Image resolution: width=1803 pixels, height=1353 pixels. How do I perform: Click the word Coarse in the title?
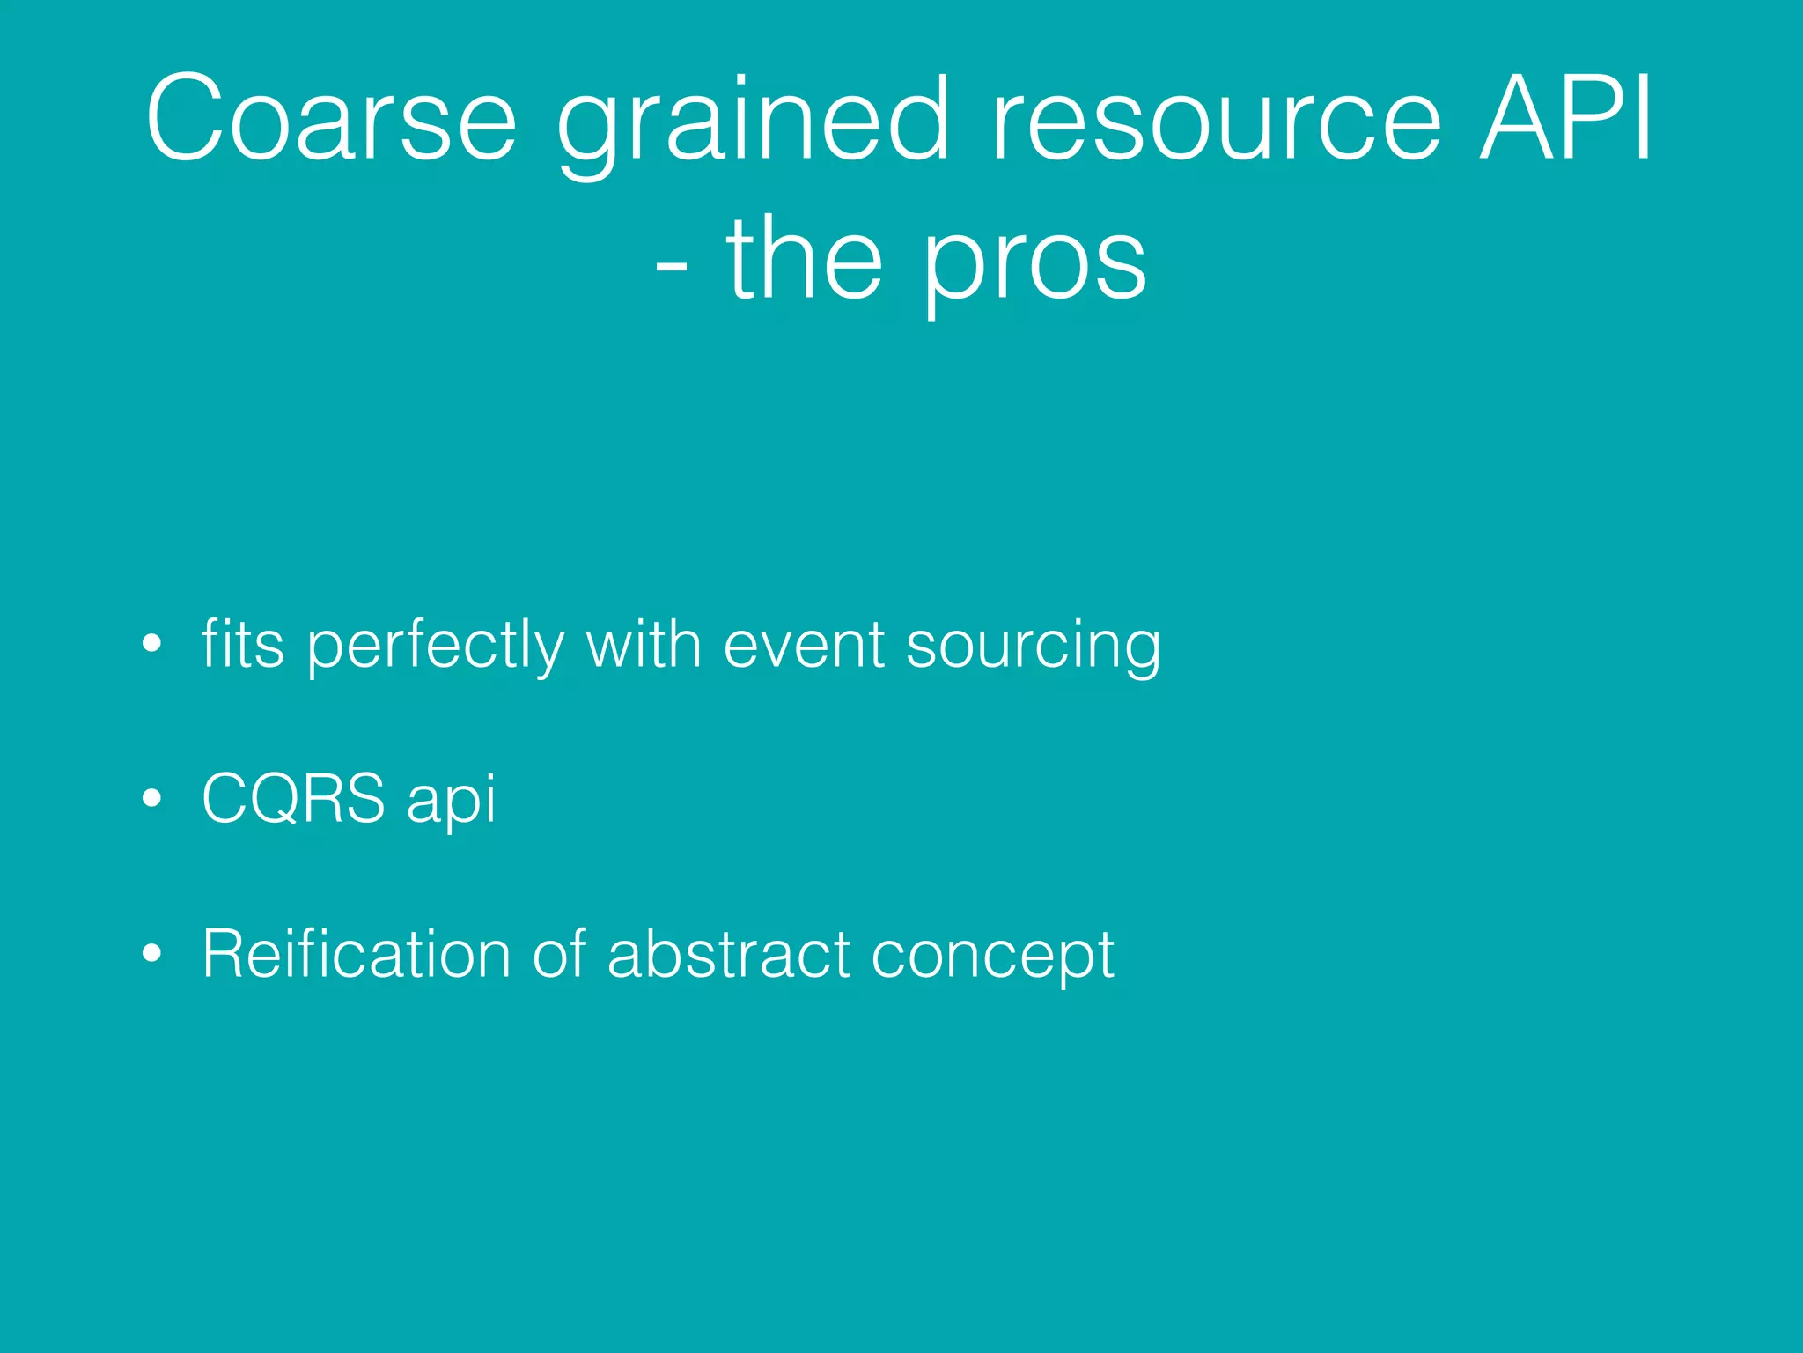point(331,119)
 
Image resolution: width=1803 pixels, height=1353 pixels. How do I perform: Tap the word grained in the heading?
point(754,123)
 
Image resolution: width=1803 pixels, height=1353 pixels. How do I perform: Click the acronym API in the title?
point(1567,119)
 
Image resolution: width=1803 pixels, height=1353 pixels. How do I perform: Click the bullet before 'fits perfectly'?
point(152,644)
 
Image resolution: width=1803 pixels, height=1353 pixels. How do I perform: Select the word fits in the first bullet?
point(243,644)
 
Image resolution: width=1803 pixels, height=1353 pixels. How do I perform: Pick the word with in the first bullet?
point(643,644)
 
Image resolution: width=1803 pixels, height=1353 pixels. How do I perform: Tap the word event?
point(804,646)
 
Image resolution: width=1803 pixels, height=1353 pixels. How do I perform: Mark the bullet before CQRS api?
point(152,799)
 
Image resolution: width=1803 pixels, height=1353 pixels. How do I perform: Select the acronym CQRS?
point(293,799)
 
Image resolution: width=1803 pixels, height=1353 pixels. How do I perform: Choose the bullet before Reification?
point(152,953)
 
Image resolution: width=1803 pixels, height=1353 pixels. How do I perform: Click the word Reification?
point(357,954)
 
